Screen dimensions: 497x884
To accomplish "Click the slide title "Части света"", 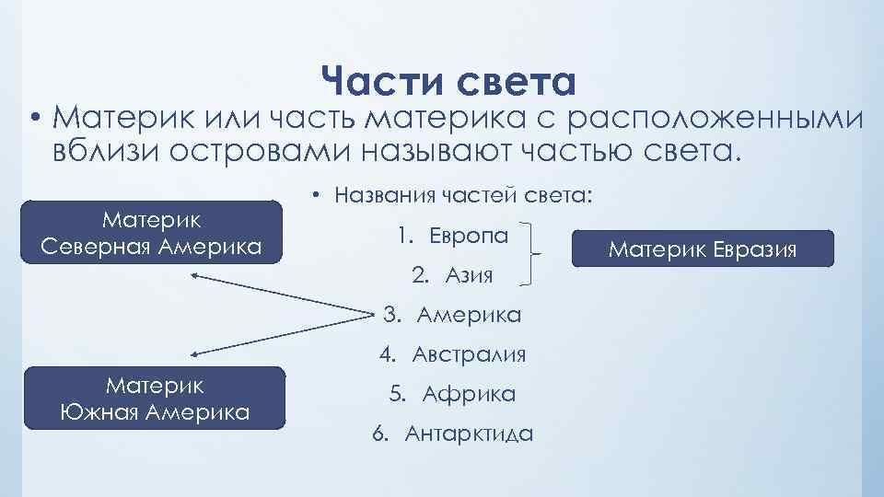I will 448,82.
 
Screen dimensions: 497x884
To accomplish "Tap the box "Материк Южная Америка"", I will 156,399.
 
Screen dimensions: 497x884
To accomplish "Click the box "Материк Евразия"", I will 703,248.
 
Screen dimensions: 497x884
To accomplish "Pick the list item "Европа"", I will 467,235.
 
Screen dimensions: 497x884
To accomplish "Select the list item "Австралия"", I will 469,354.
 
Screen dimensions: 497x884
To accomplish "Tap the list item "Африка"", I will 469,394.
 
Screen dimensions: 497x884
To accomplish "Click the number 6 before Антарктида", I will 379,434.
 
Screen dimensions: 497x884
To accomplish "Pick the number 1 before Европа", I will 403,235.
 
